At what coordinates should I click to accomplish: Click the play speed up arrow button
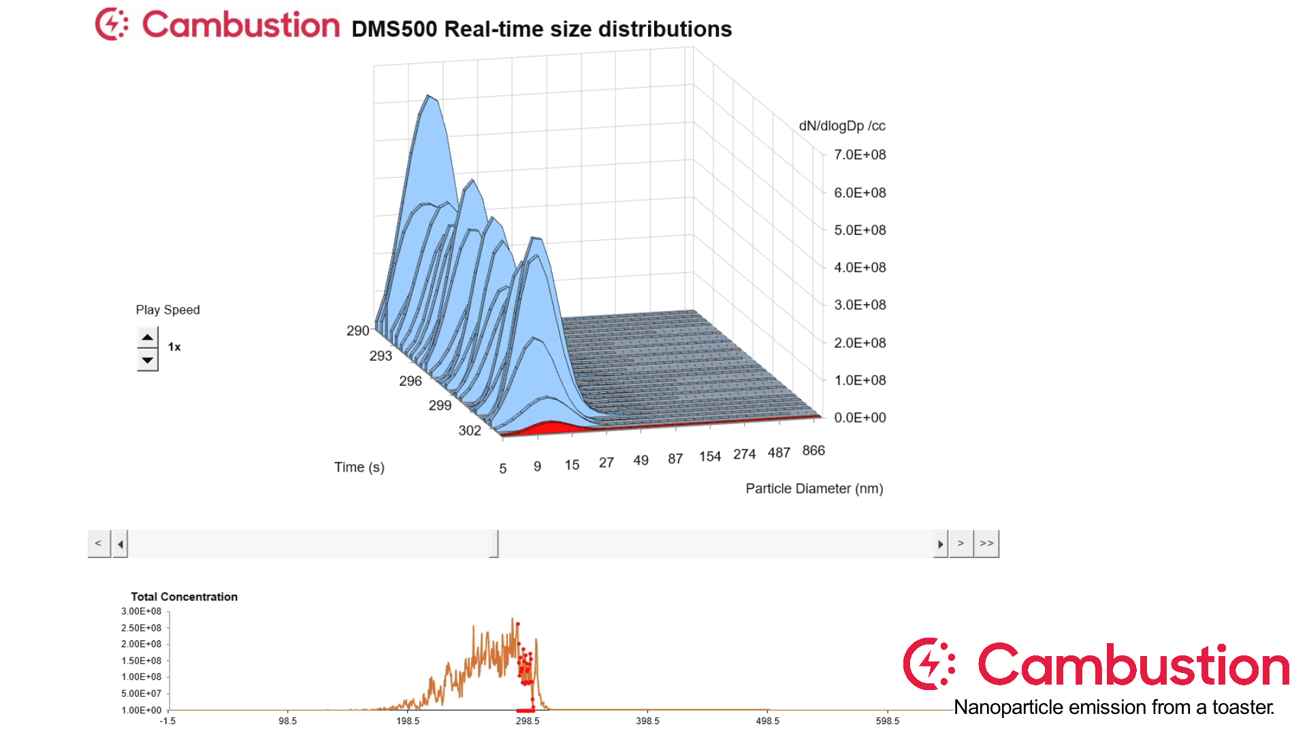point(147,338)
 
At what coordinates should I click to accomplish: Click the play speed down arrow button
point(147,360)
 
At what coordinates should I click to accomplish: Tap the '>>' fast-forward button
point(986,544)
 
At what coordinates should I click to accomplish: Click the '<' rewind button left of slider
point(99,544)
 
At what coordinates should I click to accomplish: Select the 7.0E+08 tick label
point(860,155)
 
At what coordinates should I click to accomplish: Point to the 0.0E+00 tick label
point(860,418)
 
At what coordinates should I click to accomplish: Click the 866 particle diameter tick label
point(813,451)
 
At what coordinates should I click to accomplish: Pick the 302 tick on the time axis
point(470,431)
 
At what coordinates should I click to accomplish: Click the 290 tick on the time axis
point(358,331)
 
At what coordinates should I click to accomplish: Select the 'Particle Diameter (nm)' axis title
point(814,489)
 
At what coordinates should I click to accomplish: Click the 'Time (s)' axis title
point(359,468)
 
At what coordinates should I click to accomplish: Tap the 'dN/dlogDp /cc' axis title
point(842,126)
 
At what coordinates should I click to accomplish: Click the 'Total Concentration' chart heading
point(184,597)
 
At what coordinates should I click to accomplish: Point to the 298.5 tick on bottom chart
point(528,721)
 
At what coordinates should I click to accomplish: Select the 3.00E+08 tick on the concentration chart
point(142,611)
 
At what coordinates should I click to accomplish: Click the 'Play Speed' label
point(167,310)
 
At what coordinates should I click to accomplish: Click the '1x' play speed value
point(174,347)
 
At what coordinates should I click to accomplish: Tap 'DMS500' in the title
point(394,29)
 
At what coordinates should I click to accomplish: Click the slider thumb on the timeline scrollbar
point(494,544)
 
